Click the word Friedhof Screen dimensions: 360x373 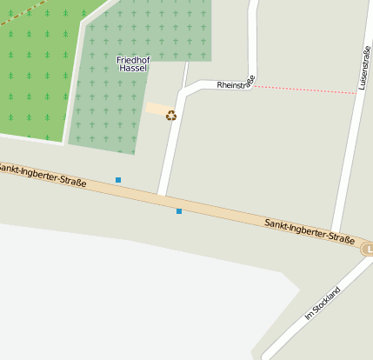click(x=132, y=59)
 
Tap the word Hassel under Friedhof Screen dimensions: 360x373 click(x=132, y=68)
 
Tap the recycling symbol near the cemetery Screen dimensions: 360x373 click(x=171, y=115)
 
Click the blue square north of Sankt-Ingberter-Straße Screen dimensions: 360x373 click(x=118, y=180)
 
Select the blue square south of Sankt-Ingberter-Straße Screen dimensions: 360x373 click(x=179, y=211)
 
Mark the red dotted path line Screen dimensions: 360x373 click(x=304, y=89)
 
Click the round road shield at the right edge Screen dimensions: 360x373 click(x=368, y=250)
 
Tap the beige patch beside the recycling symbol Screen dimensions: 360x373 click(x=157, y=110)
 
